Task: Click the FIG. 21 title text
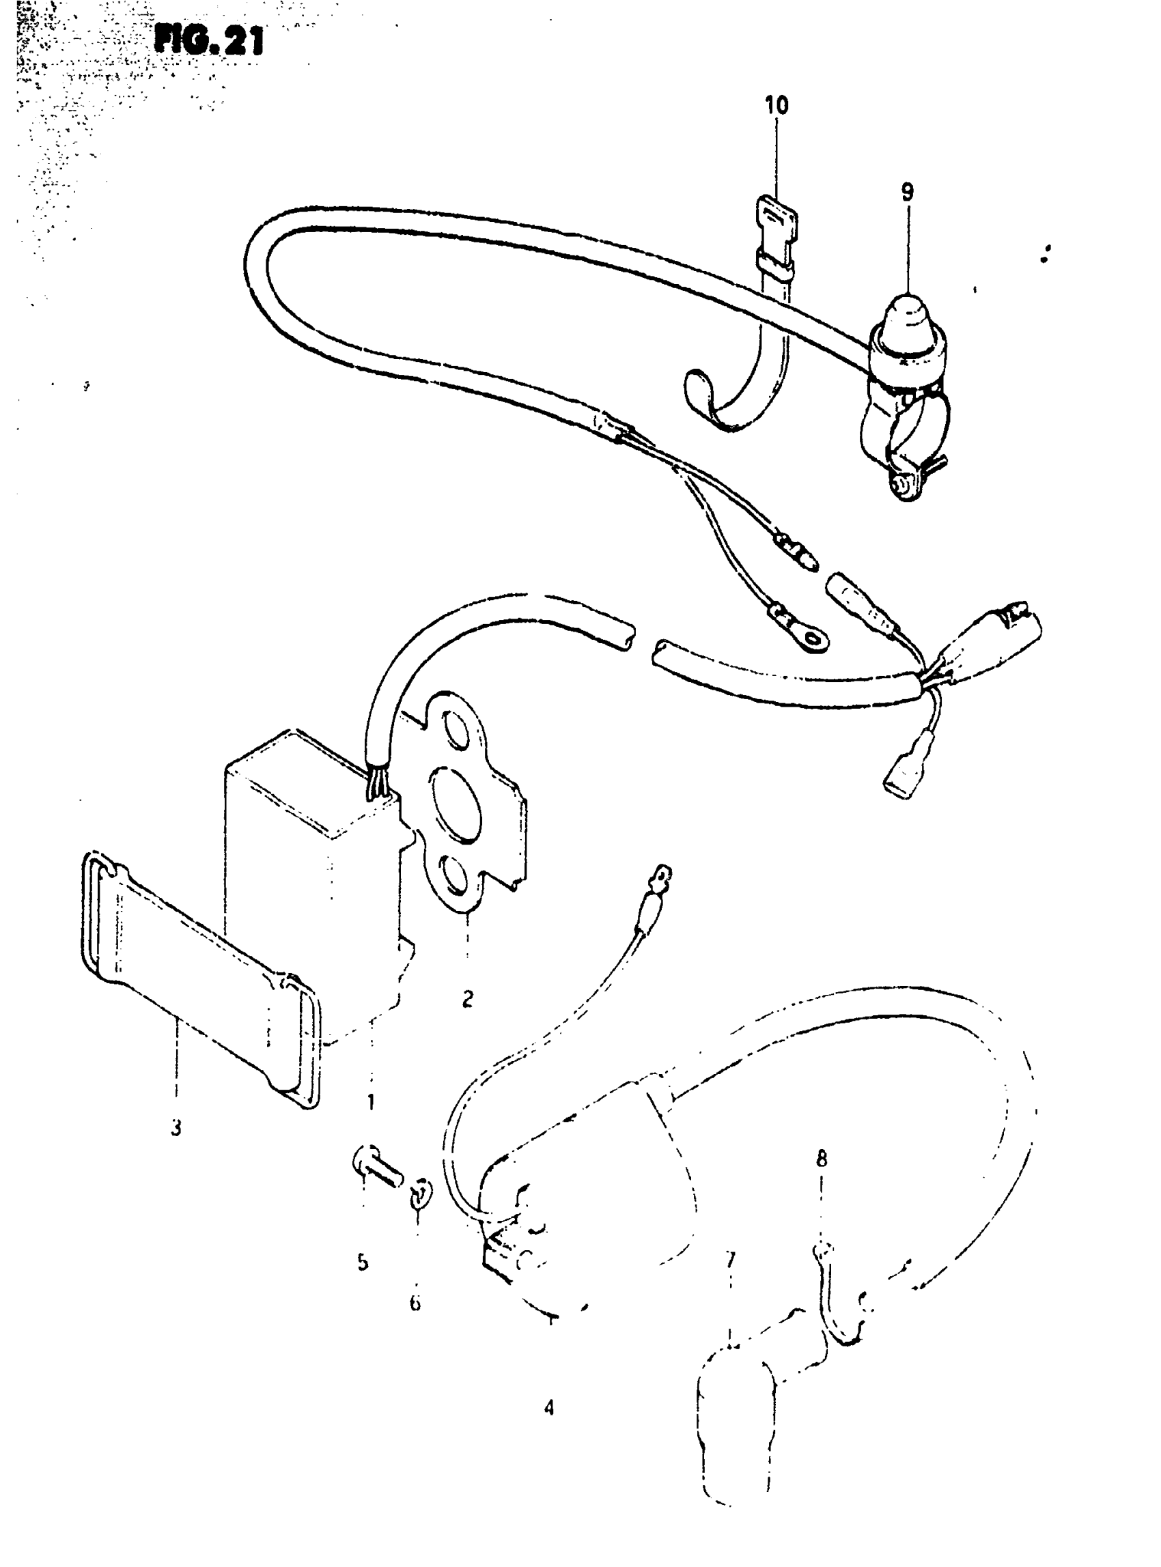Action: coord(209,41)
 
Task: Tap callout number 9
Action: coord(908,191)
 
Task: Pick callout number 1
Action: coord(371,1102)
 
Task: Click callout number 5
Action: coord(363,1262)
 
